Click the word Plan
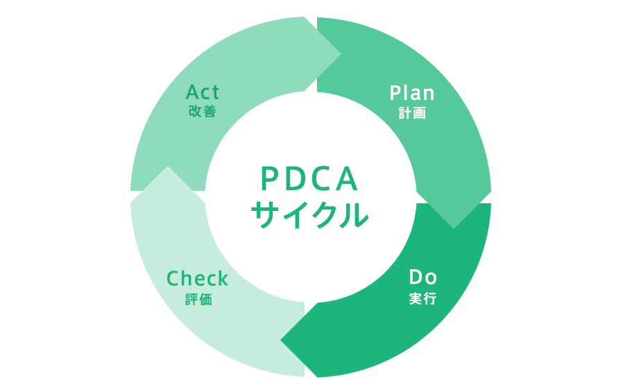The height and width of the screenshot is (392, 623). tap(412, 93)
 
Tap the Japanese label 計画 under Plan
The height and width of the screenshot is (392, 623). tap(412, 113)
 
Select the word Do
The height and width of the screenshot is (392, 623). tap(423, 278)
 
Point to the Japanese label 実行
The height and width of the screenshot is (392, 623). tap(423, 298)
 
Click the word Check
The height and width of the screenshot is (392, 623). tap(198, 278)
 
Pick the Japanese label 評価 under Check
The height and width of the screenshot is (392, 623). tap(198, 300)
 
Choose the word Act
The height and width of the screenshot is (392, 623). tap(203, 92)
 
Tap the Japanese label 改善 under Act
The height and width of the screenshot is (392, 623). tap(203, 111)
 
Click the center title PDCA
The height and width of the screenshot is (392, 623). tap(310, 179)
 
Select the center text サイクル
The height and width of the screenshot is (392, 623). tap(310, 214)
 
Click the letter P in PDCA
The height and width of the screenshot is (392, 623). tap(270, 179)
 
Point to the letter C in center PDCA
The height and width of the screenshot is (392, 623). tap(321, 179)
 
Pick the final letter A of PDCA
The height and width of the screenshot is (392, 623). tap(347, 179)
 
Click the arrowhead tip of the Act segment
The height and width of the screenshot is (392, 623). tap(341, 54)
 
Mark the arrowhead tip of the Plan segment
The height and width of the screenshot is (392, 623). tap(454, 229)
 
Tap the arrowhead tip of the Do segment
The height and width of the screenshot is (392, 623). tap(280, 341)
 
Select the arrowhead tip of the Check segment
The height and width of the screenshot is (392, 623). tap(168, 166)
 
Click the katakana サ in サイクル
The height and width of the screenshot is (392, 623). tap(265, 215)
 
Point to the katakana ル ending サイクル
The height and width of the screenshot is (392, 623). tap(355, 215)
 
